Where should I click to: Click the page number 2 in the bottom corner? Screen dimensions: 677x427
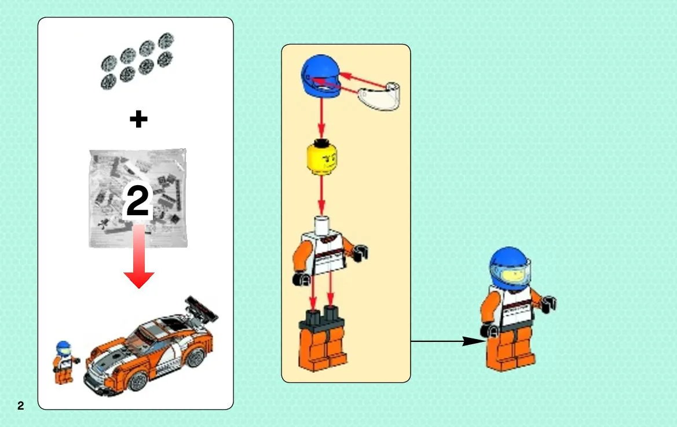(x=21, y=406)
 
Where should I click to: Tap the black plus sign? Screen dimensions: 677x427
(x=138, y=119)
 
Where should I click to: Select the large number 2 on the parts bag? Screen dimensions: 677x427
(x=138, y=201)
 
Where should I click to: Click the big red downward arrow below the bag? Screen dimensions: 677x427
(x=139, y=256)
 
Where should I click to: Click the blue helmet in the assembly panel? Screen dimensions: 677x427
(x=320, y=75)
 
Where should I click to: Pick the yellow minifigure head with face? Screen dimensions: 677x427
(x=321, y=158)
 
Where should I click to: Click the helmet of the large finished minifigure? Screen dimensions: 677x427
(x=510, y=268)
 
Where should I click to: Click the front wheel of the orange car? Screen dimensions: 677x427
(x=138, y=381)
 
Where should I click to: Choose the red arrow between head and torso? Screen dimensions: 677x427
(x=321, y=196)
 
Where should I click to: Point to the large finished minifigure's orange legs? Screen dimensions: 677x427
(x=510, y=349)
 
